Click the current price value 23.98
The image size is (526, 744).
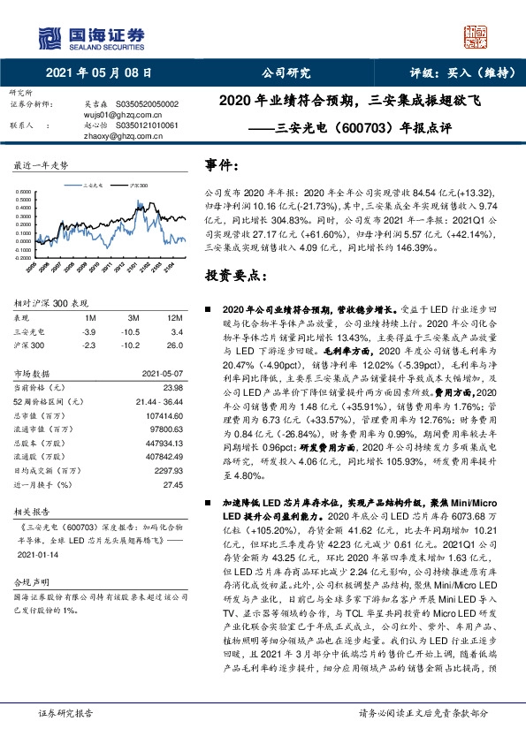pos(172,388)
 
